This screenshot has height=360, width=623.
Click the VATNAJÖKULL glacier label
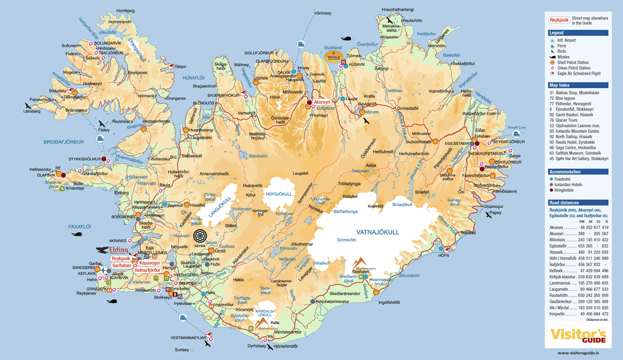coord(378,232)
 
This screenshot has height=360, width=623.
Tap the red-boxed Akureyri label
coord(322,102)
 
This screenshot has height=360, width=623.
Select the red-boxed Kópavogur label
coord(149,263)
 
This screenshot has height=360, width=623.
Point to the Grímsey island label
coord(324,13)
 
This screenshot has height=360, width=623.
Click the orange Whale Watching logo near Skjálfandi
coord(334,56)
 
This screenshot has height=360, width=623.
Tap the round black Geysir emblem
coord(200,236)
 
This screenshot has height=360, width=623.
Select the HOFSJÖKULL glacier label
coord(279,194)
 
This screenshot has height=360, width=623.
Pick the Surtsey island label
coord(182,350)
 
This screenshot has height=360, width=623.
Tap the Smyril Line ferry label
coord(516,127)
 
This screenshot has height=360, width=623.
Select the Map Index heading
coord(559,85)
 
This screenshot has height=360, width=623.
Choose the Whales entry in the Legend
coord(563,57)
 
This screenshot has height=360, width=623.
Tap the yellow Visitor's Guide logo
coord(578,336)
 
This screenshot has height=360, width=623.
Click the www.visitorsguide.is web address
coord(578,353)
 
